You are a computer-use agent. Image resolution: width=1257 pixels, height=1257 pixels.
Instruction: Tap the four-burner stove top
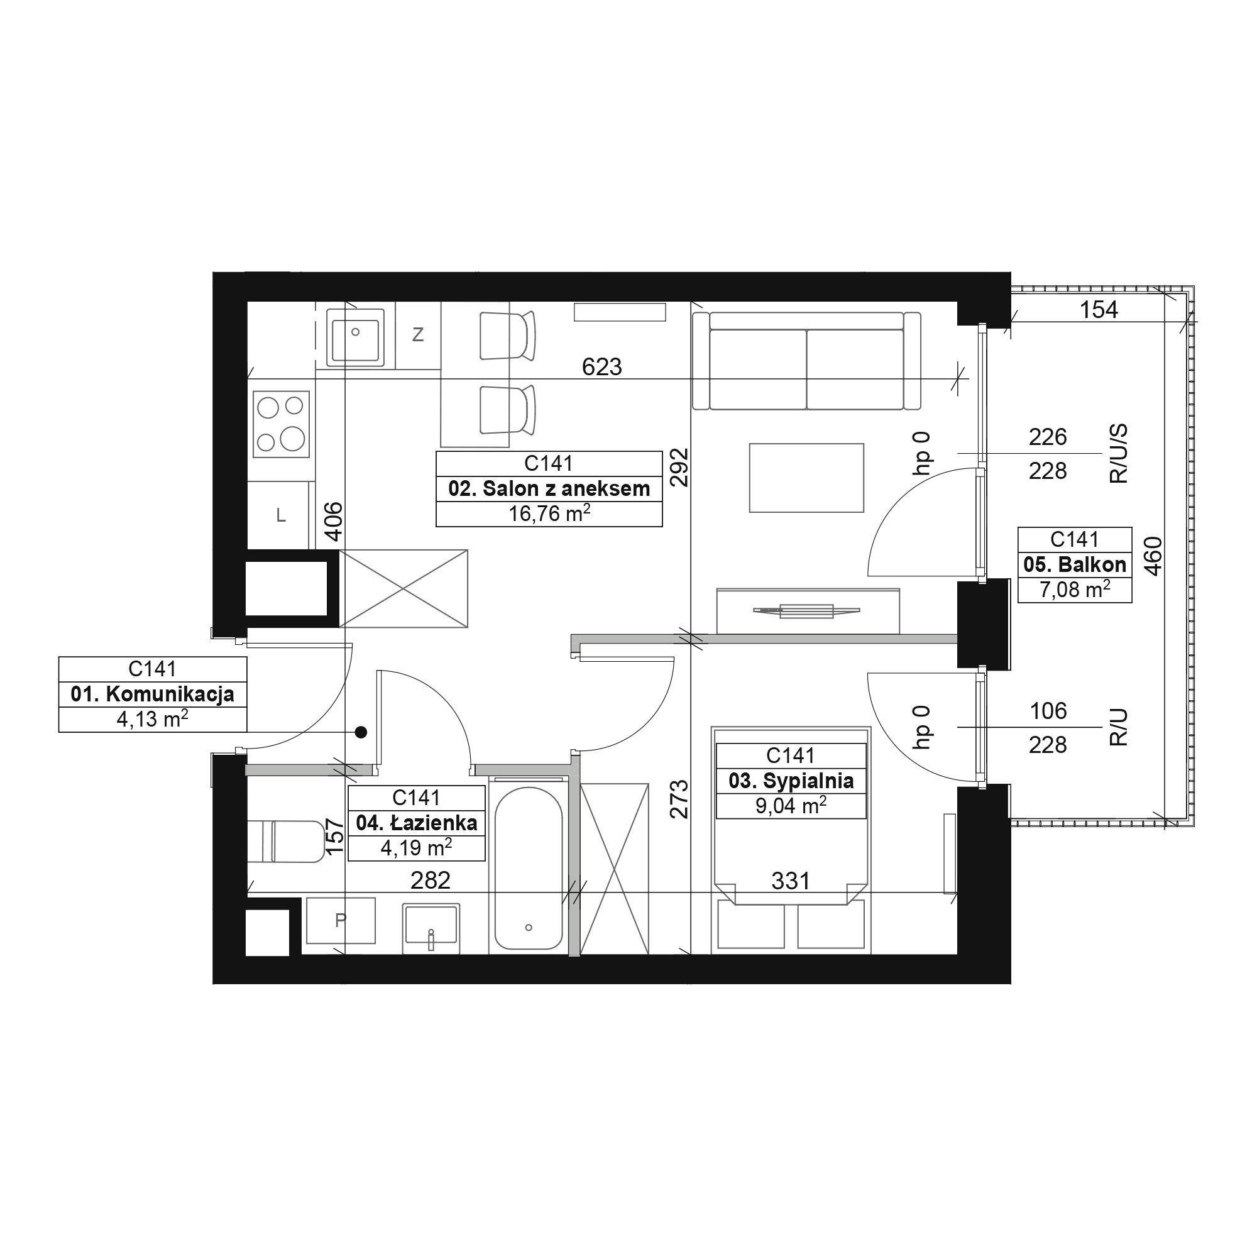point(281,424)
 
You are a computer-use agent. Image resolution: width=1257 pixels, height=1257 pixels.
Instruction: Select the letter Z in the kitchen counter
point(419,334)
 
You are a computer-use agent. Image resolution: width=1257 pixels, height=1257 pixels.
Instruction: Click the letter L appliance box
point(280,515)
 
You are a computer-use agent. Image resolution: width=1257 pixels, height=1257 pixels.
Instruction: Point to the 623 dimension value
point(602,367)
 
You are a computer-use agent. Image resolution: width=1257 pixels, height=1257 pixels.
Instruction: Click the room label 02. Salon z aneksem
point(549,488)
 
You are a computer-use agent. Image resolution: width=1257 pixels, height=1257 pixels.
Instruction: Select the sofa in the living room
point(807,361)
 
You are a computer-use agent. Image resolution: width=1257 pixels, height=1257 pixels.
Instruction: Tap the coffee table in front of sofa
point(807,478)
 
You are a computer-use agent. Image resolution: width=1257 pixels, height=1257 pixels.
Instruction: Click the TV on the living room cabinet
point(807,610)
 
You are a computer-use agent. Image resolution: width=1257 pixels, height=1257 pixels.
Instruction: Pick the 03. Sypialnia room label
point(791,781)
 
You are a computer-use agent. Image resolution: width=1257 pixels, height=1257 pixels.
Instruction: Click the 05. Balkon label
point(1075,565)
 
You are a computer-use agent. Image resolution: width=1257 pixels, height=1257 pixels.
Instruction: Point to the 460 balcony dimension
point(1152,556)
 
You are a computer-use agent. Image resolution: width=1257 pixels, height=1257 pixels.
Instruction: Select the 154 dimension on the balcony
point(1099,310)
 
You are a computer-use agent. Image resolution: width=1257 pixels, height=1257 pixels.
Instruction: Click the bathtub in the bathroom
point(529,868)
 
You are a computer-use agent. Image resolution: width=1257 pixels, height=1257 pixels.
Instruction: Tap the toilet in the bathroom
point(286,842)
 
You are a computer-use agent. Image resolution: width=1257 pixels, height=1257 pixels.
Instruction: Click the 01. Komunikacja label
point(153,694)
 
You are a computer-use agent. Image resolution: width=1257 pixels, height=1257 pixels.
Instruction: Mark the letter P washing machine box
point(341,921)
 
